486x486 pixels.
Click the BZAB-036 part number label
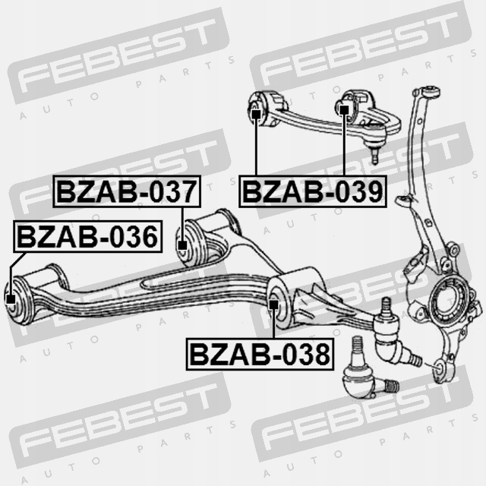(88, 236)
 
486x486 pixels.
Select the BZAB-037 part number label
(127, 191)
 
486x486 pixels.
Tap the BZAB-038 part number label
(260, 354)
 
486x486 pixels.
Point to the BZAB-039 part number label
(313, 191)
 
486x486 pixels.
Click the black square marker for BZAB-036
(11, 299)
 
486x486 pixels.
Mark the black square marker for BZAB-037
(182, 245)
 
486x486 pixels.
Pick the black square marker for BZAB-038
(273, 305)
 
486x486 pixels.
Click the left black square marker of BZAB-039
(256, 115)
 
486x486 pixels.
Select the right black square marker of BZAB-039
(344, 109)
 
